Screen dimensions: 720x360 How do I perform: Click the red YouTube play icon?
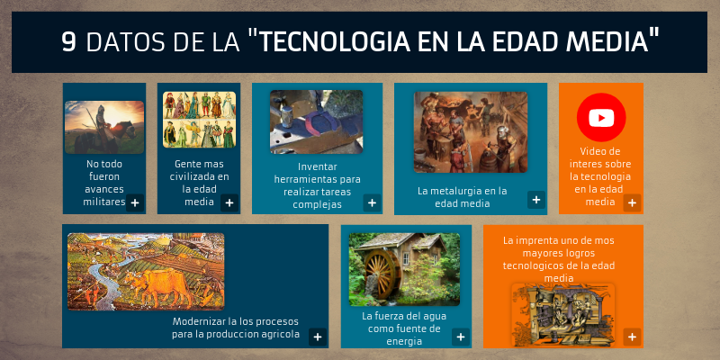(x=601, y=118)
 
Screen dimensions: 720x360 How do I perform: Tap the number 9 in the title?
(x=69, y=42)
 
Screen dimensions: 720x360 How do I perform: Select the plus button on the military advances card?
(x=135, y=203)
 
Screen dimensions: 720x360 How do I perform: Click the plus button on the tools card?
(x=372, y=203)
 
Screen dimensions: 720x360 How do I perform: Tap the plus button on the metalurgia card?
(x=535, y=199)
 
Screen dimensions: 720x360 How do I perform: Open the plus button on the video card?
(x=632, y=203)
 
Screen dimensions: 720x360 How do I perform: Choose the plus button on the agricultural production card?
(x=318, y=337)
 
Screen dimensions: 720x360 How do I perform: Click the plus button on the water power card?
(x=461, y=337)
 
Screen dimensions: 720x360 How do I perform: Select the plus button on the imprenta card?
(x=632, y=337)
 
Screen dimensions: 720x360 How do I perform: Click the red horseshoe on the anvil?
(x=317, y=124)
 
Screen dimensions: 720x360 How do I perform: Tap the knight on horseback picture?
(x=104, y=127)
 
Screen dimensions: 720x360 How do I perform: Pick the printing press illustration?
(x=563, y=314)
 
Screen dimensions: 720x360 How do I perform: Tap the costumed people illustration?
(x=199, y=120)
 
